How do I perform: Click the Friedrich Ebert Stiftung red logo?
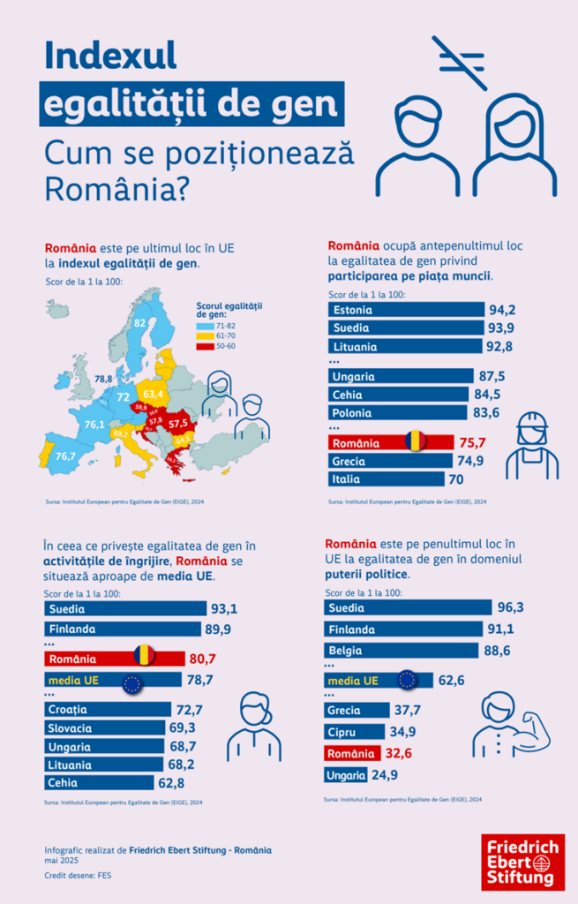pos(522,861)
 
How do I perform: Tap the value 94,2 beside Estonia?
pos(501,310)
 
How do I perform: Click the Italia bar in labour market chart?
pos(385,479)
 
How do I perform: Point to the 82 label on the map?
pos(139,323)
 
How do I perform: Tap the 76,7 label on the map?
pos(65,456)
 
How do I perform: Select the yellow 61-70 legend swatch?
pos(201,336)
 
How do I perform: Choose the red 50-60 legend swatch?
pos(201,347)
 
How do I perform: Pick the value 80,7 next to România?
pos(202,659)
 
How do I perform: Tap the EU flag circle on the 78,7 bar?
pos(133,682)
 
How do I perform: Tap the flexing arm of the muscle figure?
pos(533,730)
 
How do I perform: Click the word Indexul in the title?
pos(110,56)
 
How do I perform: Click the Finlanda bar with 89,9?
pos(123,629)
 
